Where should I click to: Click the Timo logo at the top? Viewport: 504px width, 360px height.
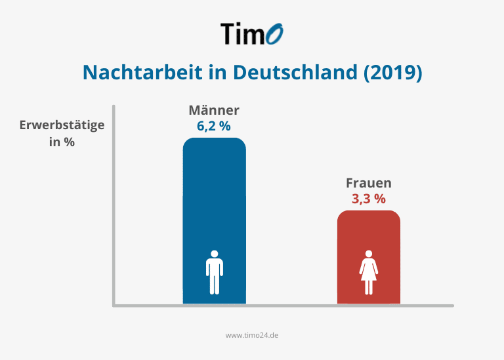point(252,33)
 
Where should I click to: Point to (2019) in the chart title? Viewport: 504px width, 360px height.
point(392,72)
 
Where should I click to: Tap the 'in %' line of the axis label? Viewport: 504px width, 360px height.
point(62,141)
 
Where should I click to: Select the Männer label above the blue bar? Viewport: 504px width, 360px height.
point(214,110)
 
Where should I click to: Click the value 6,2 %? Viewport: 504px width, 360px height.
point(214,127)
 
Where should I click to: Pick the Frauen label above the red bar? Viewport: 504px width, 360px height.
point(368,183)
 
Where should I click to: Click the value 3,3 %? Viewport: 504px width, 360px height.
point(368,199)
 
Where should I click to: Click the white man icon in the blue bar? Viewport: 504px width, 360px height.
point(214,271)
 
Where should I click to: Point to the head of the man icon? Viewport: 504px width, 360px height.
point(214,254)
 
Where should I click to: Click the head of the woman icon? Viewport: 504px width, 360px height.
point(368,254)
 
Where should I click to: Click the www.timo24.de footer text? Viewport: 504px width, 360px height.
point(252,334)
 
